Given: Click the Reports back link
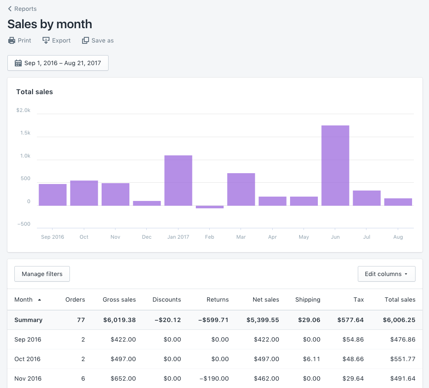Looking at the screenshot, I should (23, 9).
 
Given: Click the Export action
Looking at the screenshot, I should (56, 40).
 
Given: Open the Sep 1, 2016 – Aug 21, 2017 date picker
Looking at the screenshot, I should (58, 63).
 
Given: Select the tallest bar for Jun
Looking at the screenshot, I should (335, 165).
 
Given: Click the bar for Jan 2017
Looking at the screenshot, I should (178, 180).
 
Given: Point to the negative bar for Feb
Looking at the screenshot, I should (210, 207).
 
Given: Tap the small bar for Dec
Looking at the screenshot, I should (147, 203).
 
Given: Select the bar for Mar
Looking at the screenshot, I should (241, 189).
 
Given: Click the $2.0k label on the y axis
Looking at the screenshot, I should (23, 110).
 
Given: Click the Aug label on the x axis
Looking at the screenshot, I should (398, 237).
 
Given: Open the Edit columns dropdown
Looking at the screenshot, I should (386, 274).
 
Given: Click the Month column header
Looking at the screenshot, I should (24, 299).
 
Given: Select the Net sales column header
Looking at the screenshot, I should (266, 299).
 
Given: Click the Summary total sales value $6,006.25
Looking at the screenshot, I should (399, 320).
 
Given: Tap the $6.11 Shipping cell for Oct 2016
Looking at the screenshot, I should (311, 359).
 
